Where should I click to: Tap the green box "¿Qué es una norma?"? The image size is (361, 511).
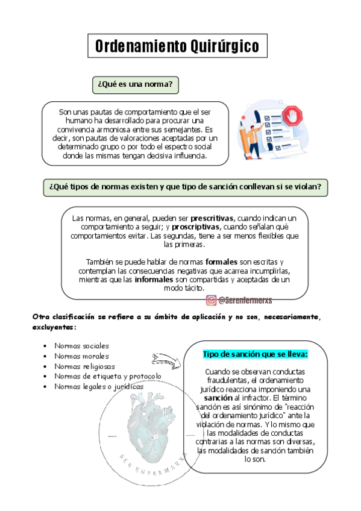136,85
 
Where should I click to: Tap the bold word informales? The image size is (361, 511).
155,280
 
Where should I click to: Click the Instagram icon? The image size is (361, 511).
212,300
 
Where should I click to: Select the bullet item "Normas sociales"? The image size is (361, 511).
81,346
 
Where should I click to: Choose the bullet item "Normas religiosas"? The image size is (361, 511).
84,366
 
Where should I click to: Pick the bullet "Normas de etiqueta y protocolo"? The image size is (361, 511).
108,377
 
